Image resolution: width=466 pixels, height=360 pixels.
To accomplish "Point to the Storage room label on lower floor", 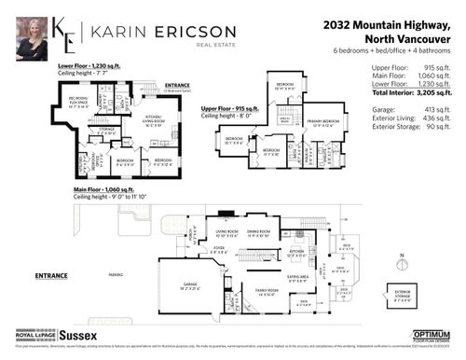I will click(x=109, y=132).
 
